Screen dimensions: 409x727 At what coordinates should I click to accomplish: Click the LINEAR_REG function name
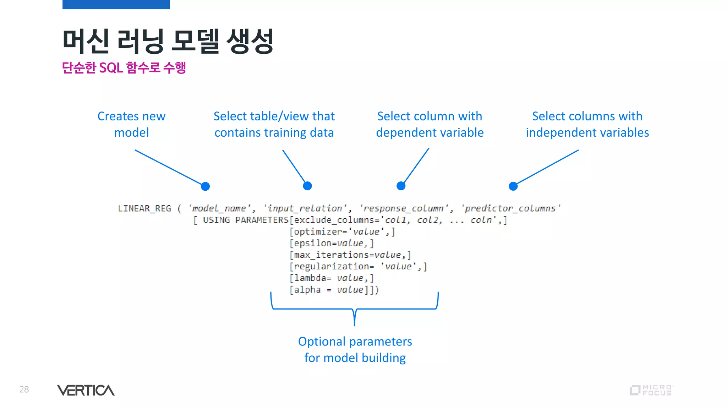[144, 208]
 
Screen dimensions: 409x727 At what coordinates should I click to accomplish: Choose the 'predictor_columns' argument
[510, 208]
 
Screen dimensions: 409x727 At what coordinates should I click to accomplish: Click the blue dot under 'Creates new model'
[205, 186]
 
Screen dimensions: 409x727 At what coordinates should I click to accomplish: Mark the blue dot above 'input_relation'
[307, 186]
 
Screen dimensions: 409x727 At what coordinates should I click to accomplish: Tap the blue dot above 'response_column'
[401, 186]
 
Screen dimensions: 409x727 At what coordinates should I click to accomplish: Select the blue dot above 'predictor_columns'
[513, 186]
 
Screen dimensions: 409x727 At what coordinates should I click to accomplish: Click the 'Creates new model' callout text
[131, 124]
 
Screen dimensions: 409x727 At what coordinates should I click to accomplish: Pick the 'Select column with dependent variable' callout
[430, 124]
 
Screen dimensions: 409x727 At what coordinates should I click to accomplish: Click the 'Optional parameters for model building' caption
[355, 349]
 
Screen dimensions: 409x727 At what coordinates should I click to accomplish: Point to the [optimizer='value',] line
[342, 232]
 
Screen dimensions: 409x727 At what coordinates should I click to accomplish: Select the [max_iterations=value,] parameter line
[350, 255]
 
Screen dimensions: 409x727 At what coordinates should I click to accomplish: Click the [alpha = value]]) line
[334, 290]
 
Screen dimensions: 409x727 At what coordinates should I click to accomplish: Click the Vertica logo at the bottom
[86, 390]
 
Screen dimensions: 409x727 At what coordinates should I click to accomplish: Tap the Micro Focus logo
[651, 390]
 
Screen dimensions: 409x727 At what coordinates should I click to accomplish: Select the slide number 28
[24, 389]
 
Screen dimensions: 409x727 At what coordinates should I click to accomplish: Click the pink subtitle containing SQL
[124, 67]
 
